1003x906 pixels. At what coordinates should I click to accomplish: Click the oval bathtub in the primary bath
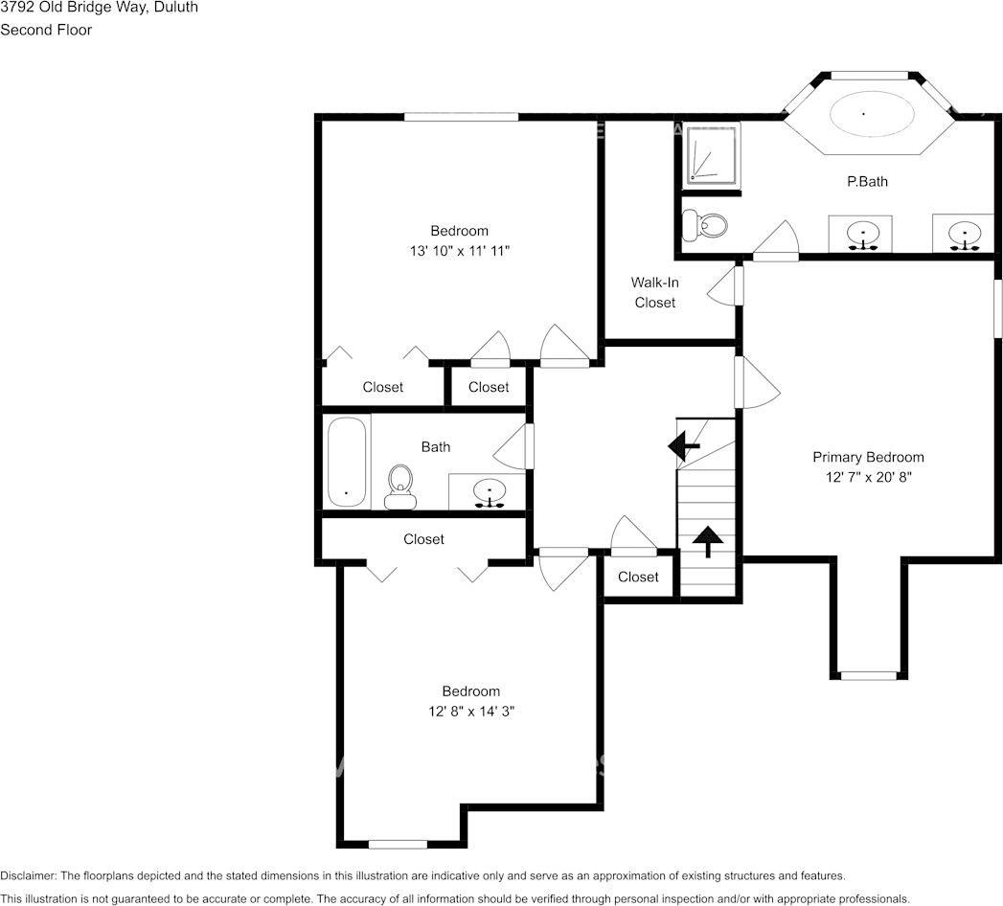point(863,114)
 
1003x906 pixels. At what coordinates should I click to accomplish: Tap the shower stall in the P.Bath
point(711,154)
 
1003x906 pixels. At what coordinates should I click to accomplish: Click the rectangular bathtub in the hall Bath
point(346,462)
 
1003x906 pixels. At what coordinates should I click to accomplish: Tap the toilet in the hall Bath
point(399,485)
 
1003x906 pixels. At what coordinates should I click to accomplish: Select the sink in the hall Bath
point(489,492)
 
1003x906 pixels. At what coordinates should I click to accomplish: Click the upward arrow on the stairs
point(708,541)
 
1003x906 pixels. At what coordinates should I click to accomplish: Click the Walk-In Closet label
point(654,292)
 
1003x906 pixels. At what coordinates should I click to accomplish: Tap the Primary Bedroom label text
point(868,457)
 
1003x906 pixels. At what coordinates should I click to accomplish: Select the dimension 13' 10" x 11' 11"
point(459,251)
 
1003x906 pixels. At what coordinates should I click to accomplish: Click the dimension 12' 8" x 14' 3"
point(470,712)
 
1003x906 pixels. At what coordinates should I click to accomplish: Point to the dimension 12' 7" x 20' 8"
point(868,477)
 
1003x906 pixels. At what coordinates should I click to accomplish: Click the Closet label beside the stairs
point(638,577)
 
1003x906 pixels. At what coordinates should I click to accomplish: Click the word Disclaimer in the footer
point(29,875)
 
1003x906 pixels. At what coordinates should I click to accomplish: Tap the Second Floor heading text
point(46,30)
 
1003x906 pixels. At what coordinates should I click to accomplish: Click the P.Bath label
point(867,181)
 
